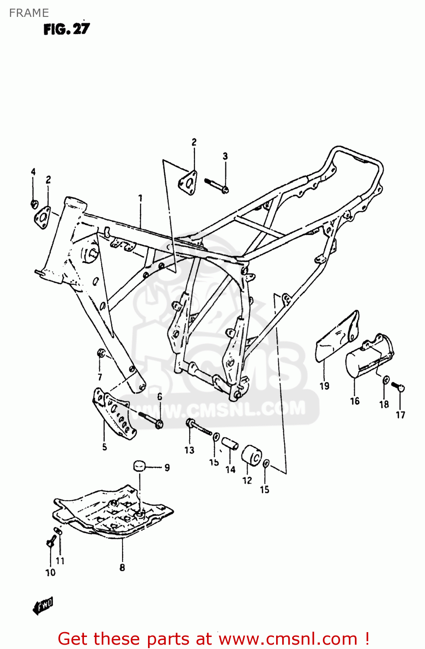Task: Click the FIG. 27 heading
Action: pos(66,29)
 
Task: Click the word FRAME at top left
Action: pos(29,13)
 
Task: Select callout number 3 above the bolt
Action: pos(225,156)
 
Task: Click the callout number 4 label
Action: pos(33,172)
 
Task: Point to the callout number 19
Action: pos(324,386)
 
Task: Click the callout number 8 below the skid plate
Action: pos(122,567)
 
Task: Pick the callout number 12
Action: pos(247,480)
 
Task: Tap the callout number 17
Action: pos(400,415)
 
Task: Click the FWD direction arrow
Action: pos(43,606)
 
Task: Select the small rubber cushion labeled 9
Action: pos(138,466)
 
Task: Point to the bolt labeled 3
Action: pos(216,185)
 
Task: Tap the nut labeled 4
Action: pos(34,204)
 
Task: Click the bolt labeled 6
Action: pos(149,419)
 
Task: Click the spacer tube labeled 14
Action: pos(230,444)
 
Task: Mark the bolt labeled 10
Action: pos(51,540)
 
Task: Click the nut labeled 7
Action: pos(100,353)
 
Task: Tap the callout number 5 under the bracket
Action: pos(104,447)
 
